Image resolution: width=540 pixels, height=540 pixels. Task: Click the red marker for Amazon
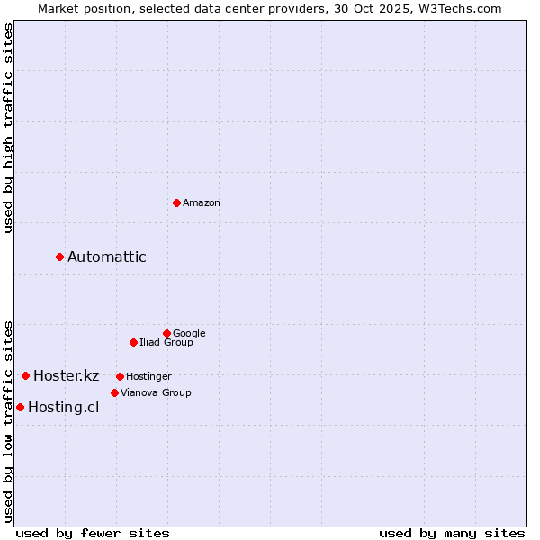coord(176,202)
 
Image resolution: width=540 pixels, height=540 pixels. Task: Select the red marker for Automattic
coord(60,256)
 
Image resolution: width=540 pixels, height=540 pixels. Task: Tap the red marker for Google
coord(166,333)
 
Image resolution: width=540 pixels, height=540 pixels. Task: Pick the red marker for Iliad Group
coord(133,342)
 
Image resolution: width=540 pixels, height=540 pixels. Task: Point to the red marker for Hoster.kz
coord(25,375)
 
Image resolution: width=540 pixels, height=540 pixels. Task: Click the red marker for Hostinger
coord(120,376)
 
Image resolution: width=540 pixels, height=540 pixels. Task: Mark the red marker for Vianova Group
coord(114,392)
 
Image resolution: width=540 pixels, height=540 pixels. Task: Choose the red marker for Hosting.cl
coord(20,407)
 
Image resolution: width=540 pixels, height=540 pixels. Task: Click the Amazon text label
coord(202,203)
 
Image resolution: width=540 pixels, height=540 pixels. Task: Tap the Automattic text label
coord(107,257)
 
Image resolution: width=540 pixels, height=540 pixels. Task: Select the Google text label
coord(189,334)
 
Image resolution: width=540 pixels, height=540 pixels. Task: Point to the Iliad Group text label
coord(166,343)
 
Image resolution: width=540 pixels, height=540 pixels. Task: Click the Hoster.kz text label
coord(66,376)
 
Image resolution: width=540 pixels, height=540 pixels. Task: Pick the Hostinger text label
coord(148,377)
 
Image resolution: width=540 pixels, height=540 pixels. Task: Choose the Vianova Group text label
coord(156,393)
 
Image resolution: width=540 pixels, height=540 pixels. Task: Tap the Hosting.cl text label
coord(63,408)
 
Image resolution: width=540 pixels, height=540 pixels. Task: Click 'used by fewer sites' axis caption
coord(93,533)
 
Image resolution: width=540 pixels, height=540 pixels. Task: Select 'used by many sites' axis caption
coord(452,533)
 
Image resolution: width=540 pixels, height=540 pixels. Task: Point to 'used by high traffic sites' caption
coord(8,128)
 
